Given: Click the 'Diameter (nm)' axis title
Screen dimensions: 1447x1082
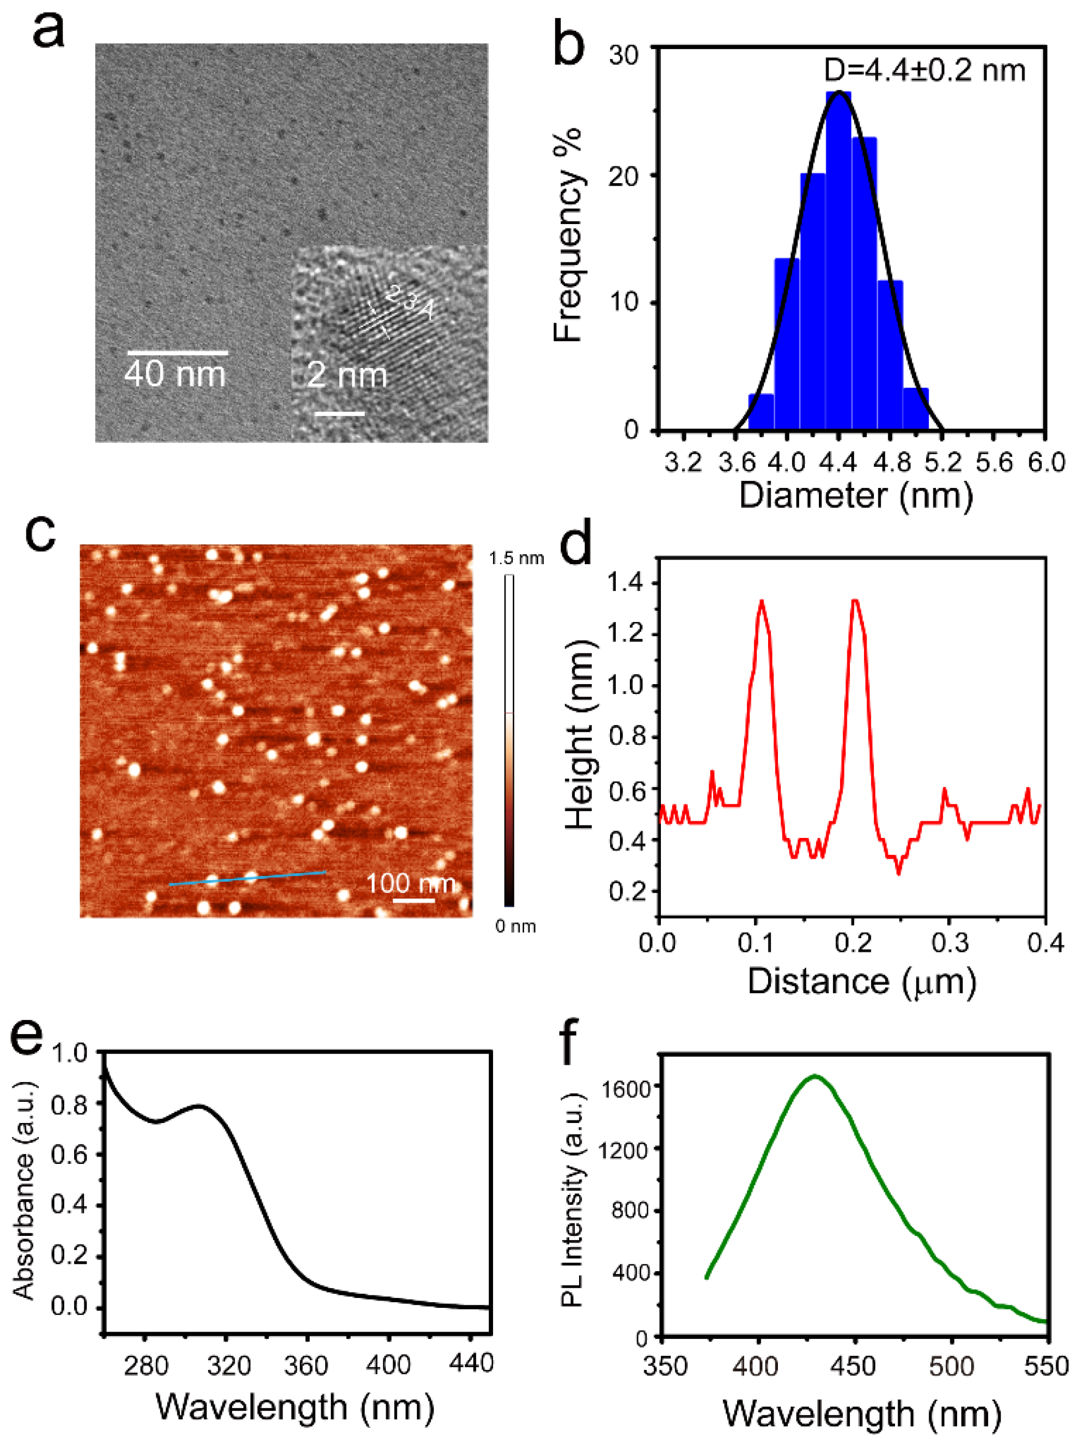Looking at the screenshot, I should pos(856,496).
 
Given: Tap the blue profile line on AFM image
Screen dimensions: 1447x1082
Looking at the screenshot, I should pos(248,878).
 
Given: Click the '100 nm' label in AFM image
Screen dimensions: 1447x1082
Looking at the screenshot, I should pos(410,884).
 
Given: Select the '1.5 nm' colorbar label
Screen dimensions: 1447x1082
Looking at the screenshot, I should pos(516,558).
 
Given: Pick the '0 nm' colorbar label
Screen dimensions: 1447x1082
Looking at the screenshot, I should pos(515,926).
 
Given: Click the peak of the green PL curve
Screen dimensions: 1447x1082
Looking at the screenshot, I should pos(815,1075).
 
